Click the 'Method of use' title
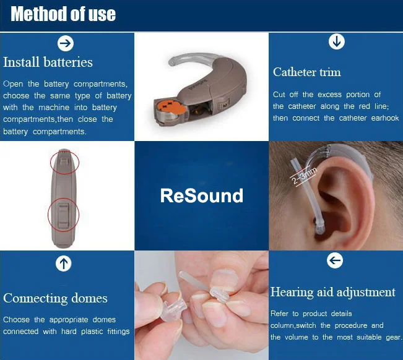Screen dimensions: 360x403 (63, 14)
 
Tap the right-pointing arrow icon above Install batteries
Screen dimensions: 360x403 (65, 43)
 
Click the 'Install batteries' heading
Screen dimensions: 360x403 (48, 62)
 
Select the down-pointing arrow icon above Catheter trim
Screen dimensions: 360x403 (336, 42)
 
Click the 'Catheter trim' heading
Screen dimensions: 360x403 (306, 72)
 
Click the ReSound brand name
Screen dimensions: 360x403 (201, 195)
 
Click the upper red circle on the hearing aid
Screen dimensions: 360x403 (65, 161)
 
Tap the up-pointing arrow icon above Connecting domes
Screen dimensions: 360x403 (63, 264)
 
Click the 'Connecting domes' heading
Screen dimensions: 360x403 (55, 298)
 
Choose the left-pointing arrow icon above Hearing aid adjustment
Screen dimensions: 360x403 (334, 261)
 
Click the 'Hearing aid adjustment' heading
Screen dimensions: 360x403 (332, 292)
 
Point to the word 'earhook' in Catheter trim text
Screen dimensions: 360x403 (384, 118)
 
